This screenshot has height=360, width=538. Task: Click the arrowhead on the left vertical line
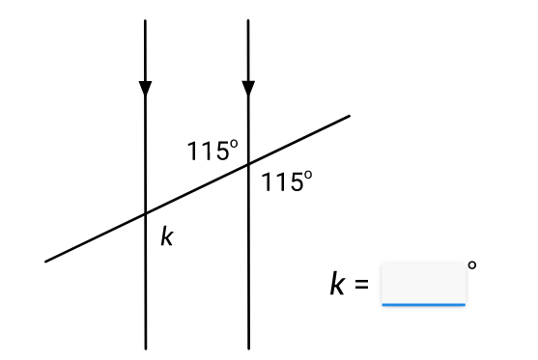pyautogui.click(x=146, y=89)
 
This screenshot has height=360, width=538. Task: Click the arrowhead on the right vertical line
pyautogui.click(x=248, y=89)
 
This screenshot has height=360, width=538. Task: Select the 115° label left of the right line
pyautogui.click(x=212, y=151)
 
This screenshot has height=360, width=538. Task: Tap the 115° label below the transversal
pyautogui.click(x=287, y=181)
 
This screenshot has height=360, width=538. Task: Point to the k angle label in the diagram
pyautogui.click(x=167, y=235)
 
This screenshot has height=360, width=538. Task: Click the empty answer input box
pyautogui.click(x=424, y=283)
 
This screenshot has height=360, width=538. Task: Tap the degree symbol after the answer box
pyautogui.click(x=472, y=265)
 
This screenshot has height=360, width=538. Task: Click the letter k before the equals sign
pyautogui.click(x=337, y=283)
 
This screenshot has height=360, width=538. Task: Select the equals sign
pyautogui.click(x=361, y=284)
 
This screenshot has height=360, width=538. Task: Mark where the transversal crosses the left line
pyautogui.click(x=146, y=213)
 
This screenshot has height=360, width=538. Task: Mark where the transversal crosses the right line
pyautogui.click(x=248, y=165)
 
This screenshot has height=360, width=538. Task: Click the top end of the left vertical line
pyautogui.click(x=146, y=20)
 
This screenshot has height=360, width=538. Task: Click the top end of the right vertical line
pyautogui.click(x=248, y=20)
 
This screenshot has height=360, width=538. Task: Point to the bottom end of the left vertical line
pyautogui.click(x=146, y=348)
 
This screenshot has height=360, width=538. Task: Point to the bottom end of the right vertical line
pyautogui.click(x=249, y=348)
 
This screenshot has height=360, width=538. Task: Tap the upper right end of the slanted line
pyautogui.click(x=349, y=116)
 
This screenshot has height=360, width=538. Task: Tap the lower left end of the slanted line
pyautogui.click(x=45, y=262)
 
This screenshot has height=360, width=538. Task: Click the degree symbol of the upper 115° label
pyautogui.click(x=234, y=144)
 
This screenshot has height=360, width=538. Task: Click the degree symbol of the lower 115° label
pyautogui.click(x=308, y=175)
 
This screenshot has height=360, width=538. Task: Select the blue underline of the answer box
pyautogui.click(x=424, y=304)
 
